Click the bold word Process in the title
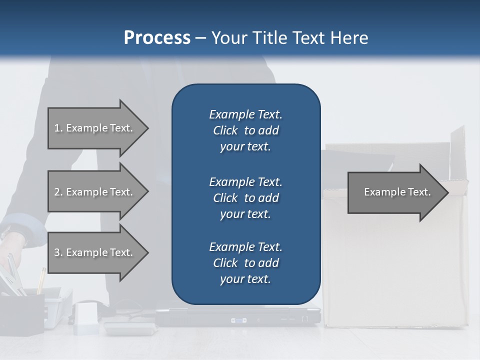(157, 38)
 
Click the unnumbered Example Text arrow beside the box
(397, 192)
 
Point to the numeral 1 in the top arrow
(57, 128)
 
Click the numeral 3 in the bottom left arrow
(57, 252)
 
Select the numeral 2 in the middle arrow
(57, 192)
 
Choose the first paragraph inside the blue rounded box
(245, 130)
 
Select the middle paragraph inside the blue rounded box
(245, 198)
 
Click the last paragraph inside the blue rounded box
(245, 263)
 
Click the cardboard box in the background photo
(395, 265)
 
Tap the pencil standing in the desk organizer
(40, 280)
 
